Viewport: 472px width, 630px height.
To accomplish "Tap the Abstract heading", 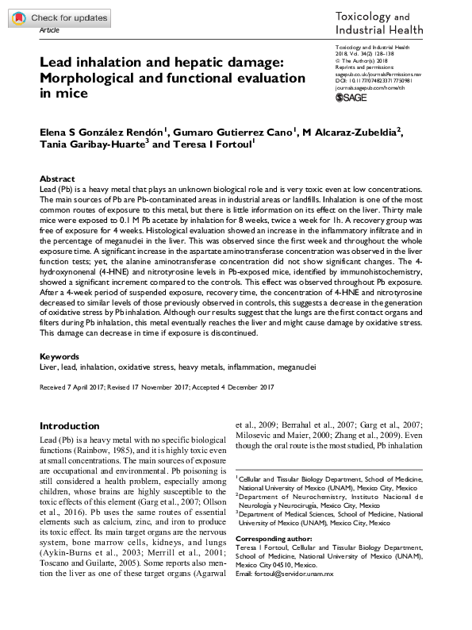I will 57,180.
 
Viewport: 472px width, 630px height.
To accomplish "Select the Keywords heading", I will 59,358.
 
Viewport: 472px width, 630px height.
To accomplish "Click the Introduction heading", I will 70,426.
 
